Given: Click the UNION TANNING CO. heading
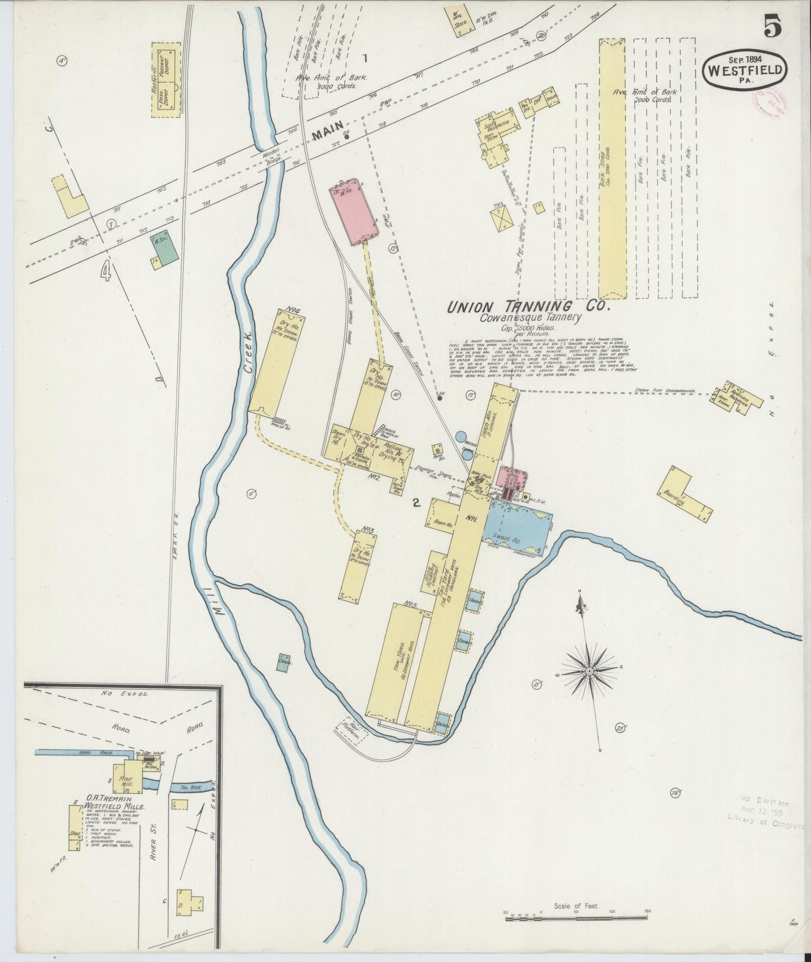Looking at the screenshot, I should click(x=526, y=307).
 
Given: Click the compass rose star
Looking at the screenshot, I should click(x=590, y=671).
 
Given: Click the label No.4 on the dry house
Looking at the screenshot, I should click(x=291, y=309).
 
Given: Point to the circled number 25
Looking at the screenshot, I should click(x=620, y=728).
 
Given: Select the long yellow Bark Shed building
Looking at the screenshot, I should click(x=611, y=168).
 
